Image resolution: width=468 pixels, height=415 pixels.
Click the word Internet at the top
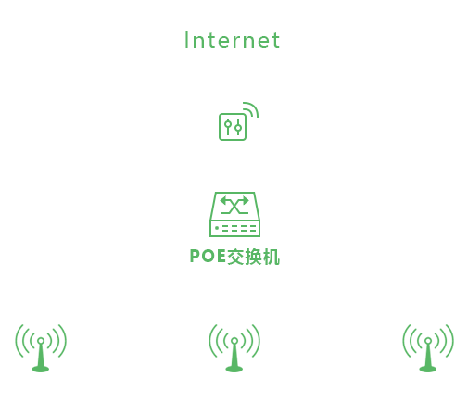(232, 41)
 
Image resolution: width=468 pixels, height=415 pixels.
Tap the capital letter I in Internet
(186, 40)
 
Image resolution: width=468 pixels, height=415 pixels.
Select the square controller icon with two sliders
(233, 127)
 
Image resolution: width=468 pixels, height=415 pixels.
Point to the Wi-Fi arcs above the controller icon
(251, 108)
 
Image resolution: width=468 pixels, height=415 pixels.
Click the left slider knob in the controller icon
(228, 124)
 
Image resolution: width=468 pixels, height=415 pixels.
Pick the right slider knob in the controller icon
(238, 128)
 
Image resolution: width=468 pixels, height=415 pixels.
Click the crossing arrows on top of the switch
(234, 205)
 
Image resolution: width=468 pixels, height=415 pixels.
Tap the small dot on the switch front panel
(217, 228)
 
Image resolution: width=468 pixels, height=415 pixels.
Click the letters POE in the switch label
(208, 257)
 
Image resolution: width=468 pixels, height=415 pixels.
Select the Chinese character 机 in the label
(272, 257)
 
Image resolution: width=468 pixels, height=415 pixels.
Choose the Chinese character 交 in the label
(235, 257)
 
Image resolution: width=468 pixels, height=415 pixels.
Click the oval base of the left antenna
(41, 369)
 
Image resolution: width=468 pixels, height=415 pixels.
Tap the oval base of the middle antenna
(234, 369)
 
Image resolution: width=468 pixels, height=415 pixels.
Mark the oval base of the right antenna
(428, 369)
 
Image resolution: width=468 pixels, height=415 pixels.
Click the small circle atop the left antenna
(41, 341)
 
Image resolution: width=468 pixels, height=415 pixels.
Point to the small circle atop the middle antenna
(234, 341)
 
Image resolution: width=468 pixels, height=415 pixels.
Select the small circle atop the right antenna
(428, 341)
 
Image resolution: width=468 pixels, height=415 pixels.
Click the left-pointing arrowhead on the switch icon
(223, 201)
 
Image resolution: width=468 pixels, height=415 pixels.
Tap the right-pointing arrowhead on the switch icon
(246, 201)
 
